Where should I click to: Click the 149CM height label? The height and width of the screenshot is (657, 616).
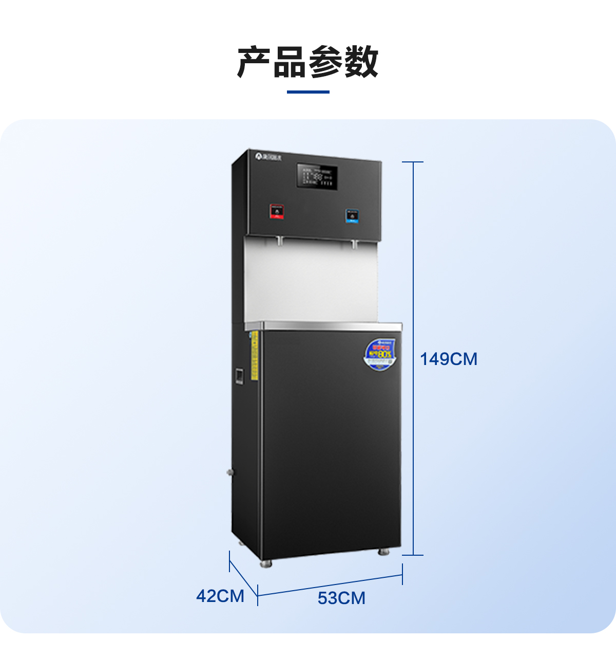click(x=449, y=359)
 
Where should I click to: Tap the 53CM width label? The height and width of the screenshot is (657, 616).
click(x=341, y=598)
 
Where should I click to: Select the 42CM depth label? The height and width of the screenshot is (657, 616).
click(x=220, y=596)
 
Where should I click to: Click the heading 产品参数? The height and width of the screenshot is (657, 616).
click(x=308, y=62)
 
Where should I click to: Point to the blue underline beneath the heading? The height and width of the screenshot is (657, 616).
click(x=308, y=92)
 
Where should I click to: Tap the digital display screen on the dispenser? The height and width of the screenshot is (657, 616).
click(x=317, y=177)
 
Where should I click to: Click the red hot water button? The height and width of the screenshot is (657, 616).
click(x=277, y=211)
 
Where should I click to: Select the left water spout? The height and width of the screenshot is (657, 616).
click(x=280, y=240)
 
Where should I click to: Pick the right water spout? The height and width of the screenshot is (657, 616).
click(x=354, y=243)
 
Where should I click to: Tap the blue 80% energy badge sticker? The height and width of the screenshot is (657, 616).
click(x=380, y=354)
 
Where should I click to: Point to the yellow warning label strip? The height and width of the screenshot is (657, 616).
click(x=254, y=356)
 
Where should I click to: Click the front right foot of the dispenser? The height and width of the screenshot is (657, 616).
click(x=383, y=552)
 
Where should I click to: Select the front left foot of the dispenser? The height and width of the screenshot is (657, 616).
click(x=266, y=564)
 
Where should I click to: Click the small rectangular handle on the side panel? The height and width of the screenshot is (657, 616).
click(x=238, y=376)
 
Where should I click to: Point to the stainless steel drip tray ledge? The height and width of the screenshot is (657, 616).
click(x=323, y=326)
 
